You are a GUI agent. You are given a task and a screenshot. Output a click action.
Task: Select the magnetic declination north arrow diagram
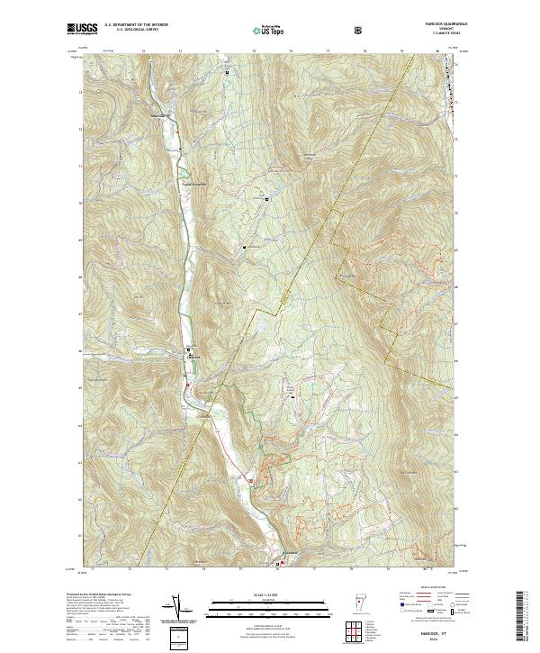pyautogui.click(x=177, y=610)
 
